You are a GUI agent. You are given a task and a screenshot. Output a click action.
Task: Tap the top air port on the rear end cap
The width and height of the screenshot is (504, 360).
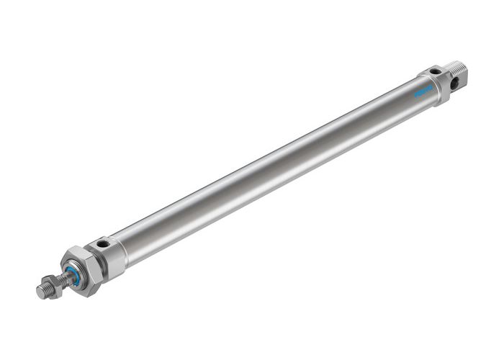(x=435, y=71)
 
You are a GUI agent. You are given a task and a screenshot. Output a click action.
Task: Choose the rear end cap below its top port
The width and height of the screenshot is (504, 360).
(x=439, y=86)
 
